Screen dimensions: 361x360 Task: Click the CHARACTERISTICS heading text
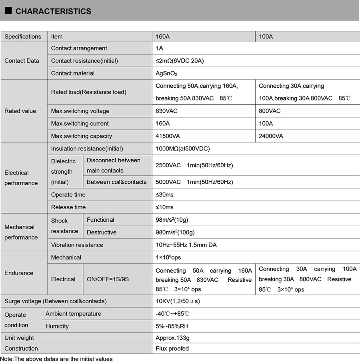53,12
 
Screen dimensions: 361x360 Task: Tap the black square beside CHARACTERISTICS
8,11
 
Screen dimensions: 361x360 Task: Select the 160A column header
163,36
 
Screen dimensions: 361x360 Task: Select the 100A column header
266,36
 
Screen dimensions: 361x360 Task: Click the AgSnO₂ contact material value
166,74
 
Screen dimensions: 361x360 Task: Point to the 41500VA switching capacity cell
168,136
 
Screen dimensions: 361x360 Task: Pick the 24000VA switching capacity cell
271,136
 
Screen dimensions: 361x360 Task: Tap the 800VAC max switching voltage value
270,111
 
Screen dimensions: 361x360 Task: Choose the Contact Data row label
22,61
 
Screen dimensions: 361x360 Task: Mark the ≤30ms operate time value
164,195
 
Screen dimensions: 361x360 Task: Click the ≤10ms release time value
164,207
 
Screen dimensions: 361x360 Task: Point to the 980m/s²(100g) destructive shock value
175,232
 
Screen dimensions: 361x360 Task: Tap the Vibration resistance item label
77,245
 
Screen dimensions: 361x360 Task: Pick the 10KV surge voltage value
178,301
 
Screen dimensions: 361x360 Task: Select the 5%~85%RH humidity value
172,326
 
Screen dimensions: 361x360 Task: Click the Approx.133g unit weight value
172,338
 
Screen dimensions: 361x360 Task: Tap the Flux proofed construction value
172,349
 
